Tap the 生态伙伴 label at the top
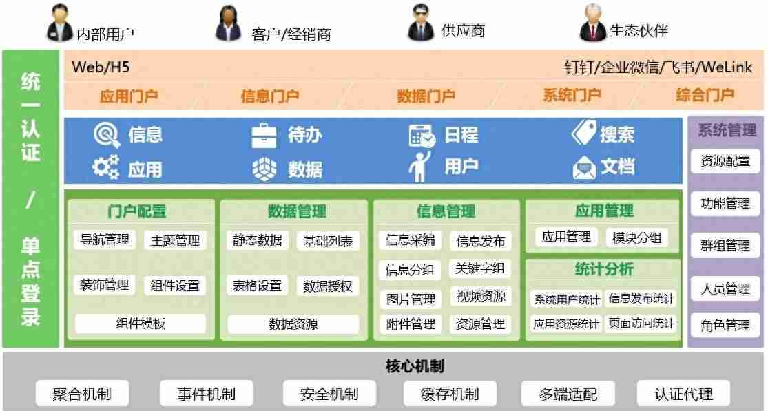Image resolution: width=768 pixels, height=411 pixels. pos(639,30)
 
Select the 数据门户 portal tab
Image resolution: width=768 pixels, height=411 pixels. pos(425,96)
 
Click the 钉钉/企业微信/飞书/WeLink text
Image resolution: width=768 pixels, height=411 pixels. pos(658,67)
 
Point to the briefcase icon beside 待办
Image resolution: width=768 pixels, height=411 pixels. pos(264,136)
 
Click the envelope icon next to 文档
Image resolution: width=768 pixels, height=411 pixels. pos(584,168)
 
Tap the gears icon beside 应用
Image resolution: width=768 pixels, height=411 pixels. pos(106,167)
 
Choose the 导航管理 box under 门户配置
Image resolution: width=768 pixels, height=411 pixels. pos(104,240)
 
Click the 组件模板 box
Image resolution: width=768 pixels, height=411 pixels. pos(140,324)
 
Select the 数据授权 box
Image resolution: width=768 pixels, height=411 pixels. pos(328,286)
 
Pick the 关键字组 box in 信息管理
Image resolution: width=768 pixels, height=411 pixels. pos(480,268)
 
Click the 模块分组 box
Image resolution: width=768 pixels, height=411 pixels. pos(636,238)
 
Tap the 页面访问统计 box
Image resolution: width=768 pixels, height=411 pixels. pos(641,324)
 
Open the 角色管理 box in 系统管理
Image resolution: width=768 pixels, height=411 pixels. pos(725,326)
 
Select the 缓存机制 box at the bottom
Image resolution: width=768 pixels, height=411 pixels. pos(450,393)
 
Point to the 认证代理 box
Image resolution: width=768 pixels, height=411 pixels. pos(683,393)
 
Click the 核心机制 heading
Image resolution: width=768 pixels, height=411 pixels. pos(415,366)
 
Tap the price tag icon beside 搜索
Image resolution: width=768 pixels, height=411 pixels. pos(584,132)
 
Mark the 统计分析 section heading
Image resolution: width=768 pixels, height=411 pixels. pos(604,269)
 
